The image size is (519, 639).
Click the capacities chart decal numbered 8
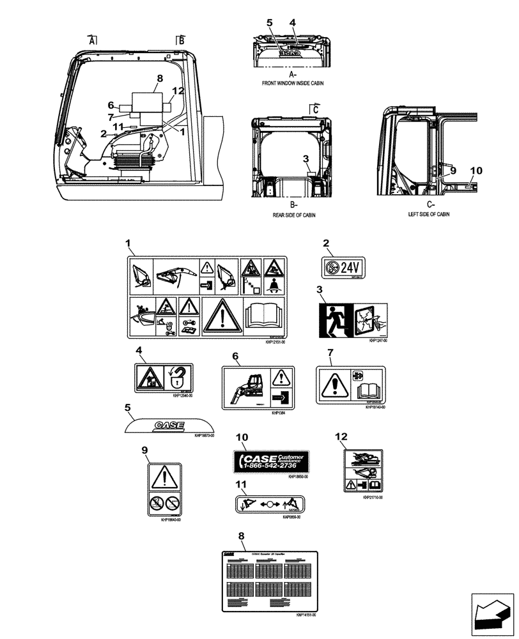click(270, 579)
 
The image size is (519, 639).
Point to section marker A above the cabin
click(93, 40)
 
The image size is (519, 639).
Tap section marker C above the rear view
click(314, 109)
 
